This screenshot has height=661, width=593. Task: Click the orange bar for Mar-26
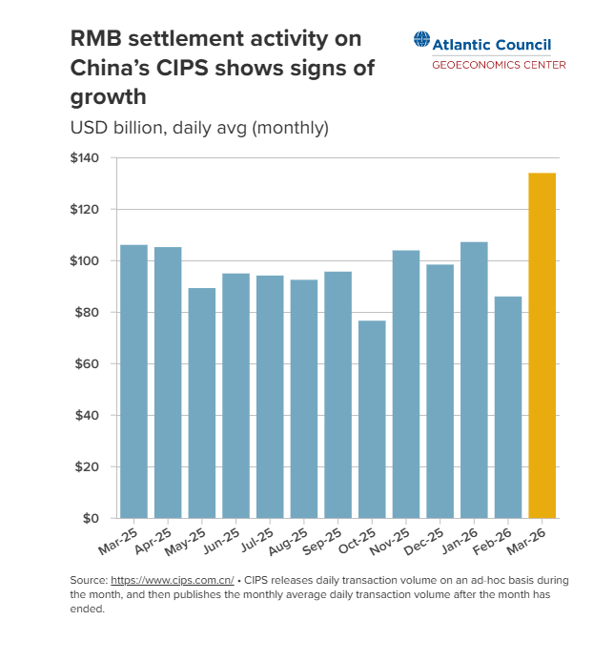pos(542,345)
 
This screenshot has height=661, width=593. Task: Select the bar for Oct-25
pos(372,420)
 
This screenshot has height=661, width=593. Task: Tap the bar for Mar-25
pos(133,382)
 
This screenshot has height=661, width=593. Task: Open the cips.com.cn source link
pos(173,580)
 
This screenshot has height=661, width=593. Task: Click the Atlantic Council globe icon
pos(422,41)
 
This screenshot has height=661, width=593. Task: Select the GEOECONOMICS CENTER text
pos(499,65)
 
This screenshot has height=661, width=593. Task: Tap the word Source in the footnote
pos(88,580)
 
